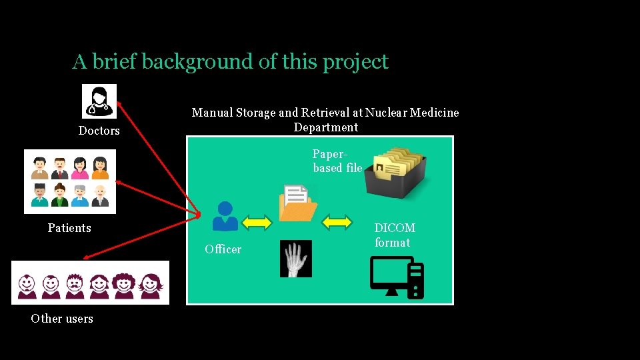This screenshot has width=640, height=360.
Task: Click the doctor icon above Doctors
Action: click(99, 101)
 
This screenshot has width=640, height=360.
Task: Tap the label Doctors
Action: click(99, 131)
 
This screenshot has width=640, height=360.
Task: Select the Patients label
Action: click(69, 228)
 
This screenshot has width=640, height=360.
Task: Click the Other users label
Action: click(62, 319)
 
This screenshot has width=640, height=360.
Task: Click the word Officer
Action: click(223, 249)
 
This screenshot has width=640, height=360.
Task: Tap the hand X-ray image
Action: click(295, 258)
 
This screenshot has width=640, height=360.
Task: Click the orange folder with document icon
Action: click(297, 204)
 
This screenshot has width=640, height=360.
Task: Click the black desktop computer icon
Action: click(397, 277)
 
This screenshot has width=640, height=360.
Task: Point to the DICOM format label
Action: click(395, 235)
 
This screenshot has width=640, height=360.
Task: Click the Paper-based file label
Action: click(337, 161)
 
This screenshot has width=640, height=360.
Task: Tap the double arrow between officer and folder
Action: click(257, 222)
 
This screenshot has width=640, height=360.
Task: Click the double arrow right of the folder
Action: click(337, 221)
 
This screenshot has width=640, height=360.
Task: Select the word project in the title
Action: click(355, 62)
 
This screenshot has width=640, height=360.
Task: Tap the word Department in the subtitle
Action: click(326, 127)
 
